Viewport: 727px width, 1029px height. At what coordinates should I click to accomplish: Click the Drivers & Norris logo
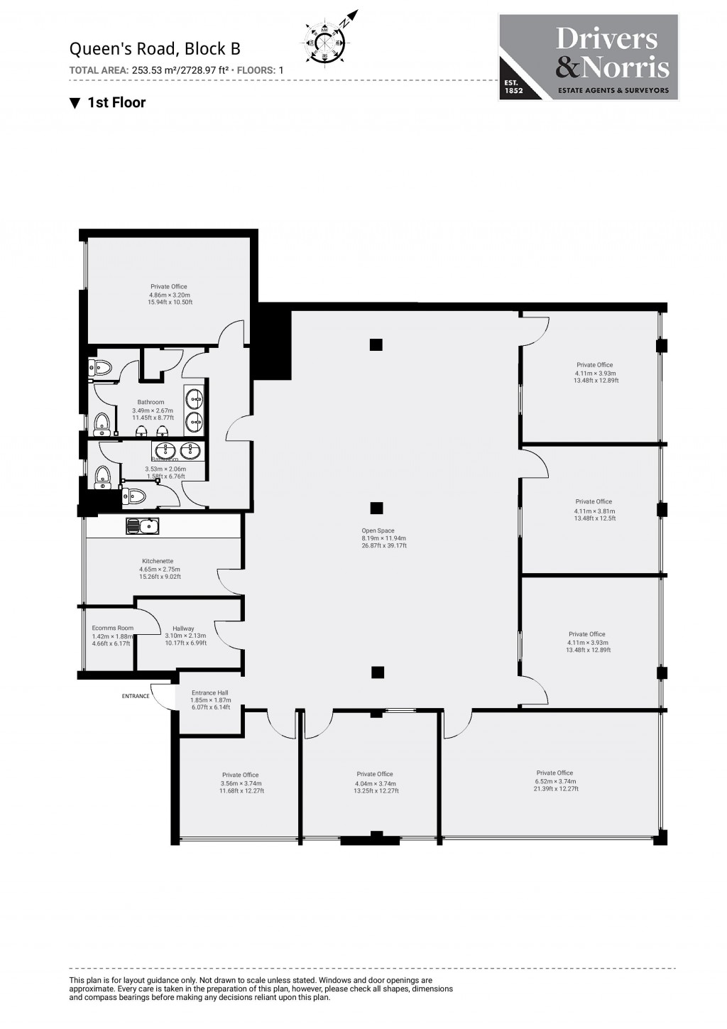coord(589,57)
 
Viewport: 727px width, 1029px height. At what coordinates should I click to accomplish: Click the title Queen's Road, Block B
coord(155,48)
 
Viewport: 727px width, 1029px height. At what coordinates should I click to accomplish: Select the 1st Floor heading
coord(108,102)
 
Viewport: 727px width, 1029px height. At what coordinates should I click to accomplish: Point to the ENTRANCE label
coord(136,696)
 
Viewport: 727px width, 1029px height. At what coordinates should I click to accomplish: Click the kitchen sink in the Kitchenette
coord(143,526)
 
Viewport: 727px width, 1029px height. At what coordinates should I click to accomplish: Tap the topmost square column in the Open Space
coord(376,345)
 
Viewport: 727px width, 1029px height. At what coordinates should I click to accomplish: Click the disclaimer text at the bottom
coord(261,989)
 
